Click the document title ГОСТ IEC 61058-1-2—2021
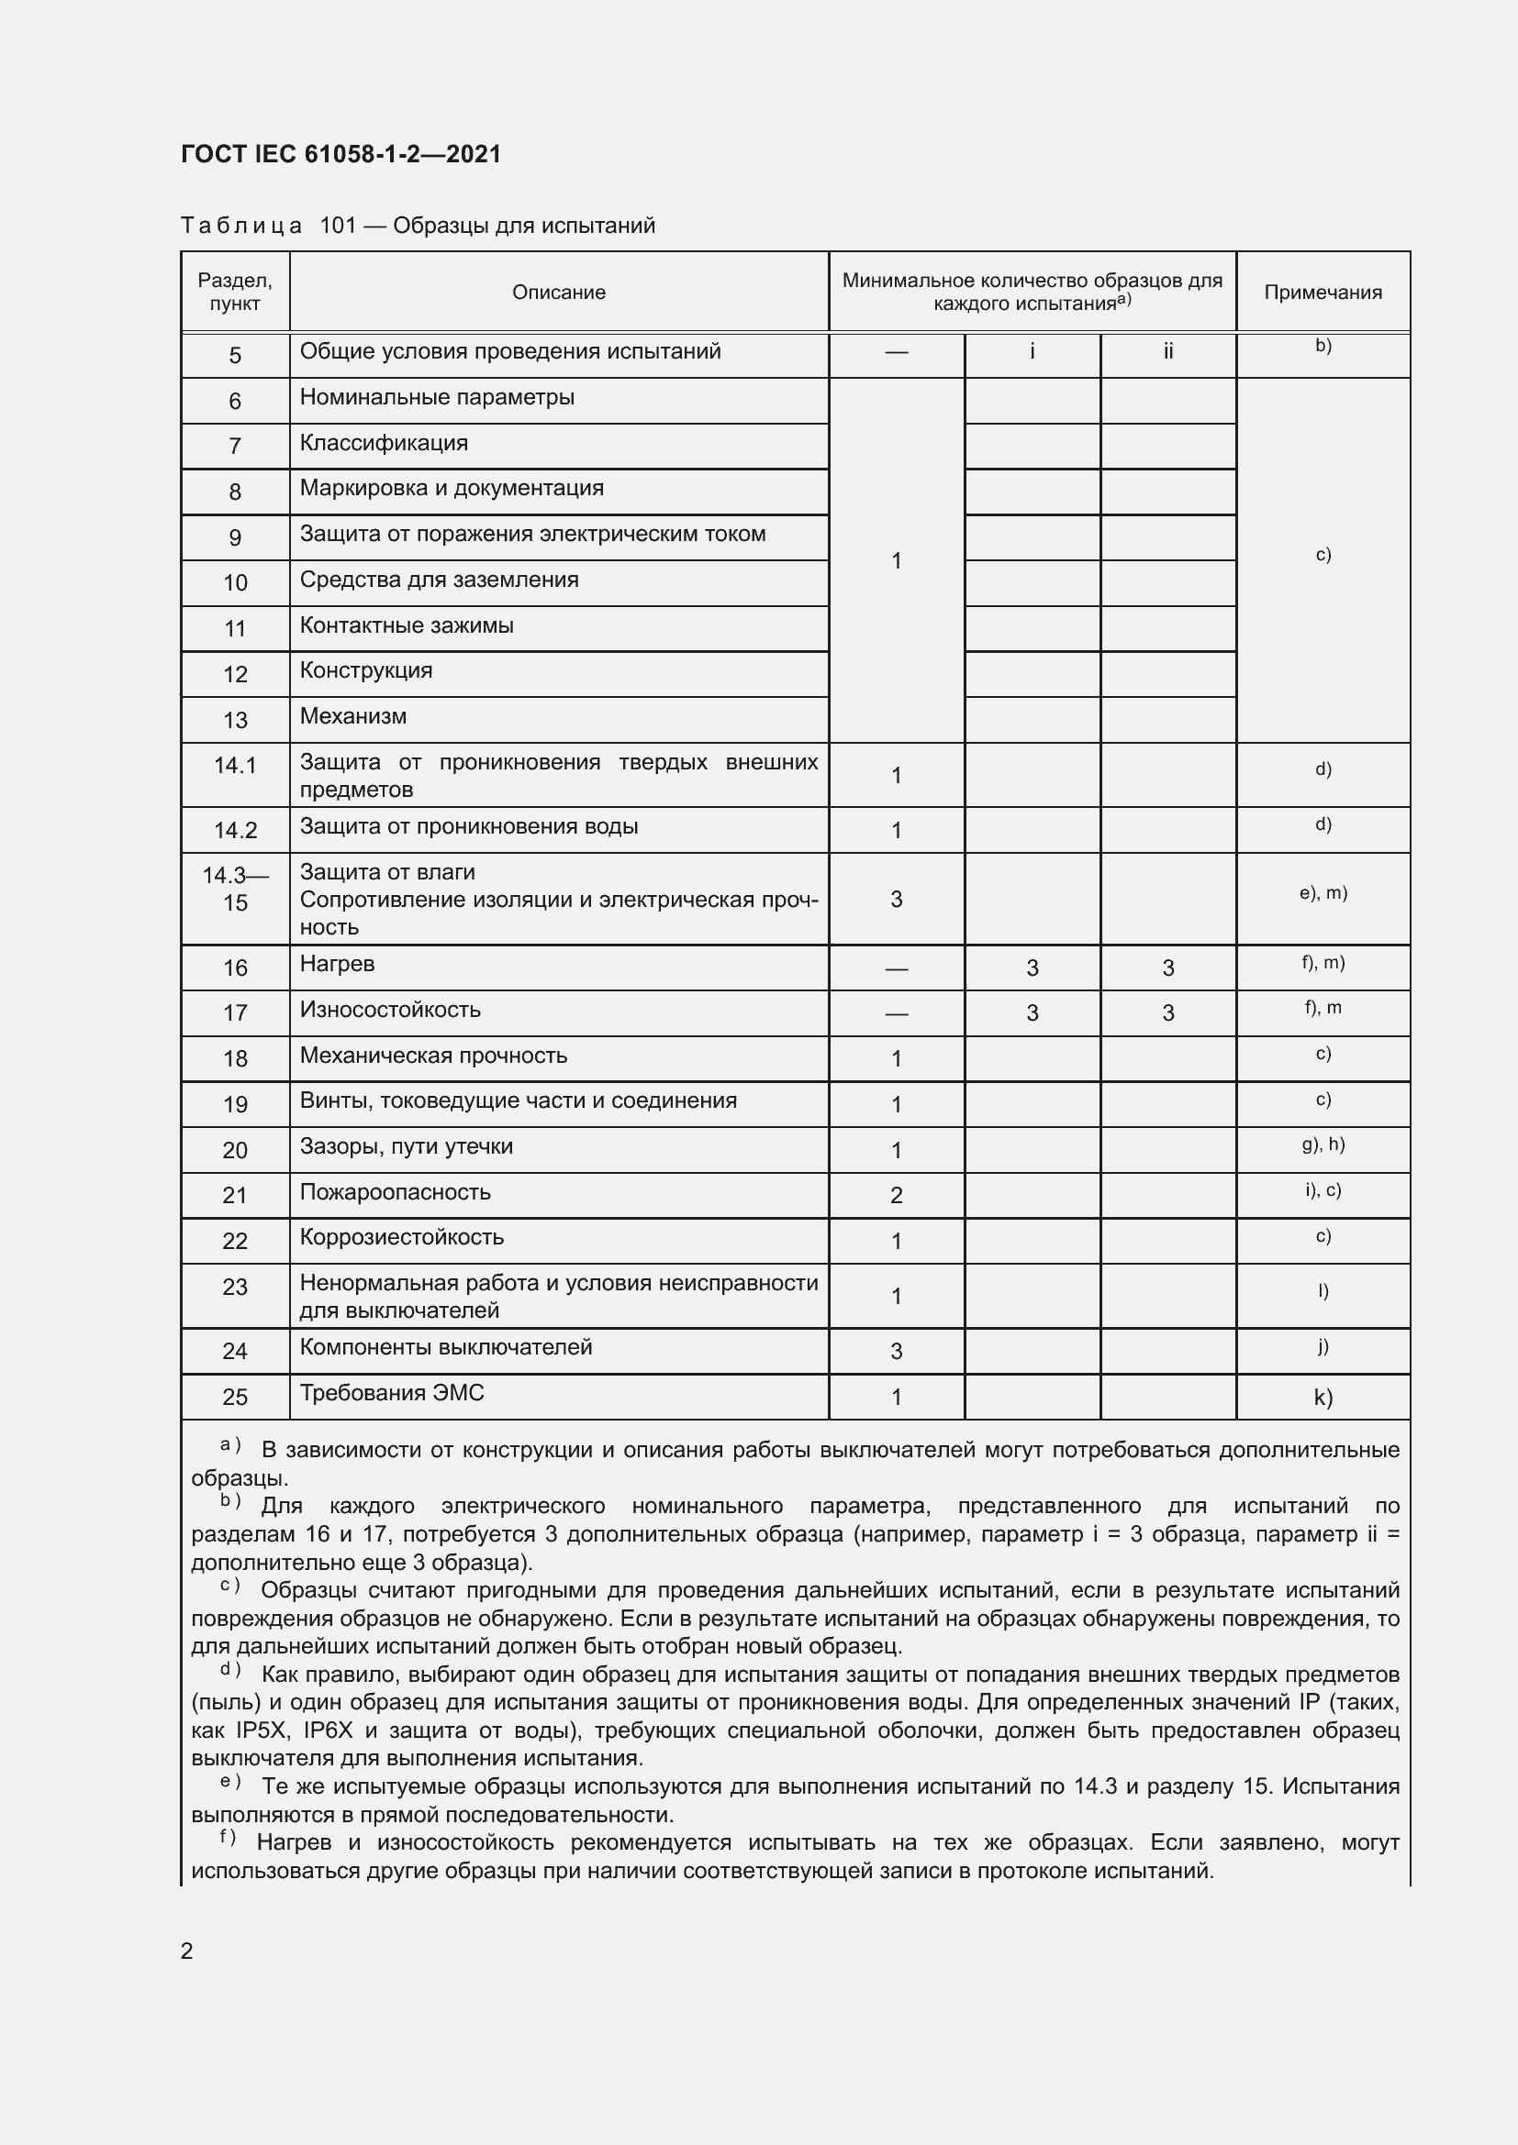tap(341, 154)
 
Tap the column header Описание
tap(558, 293)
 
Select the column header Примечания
tap(1322, 293)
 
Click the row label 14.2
tap(235, 830)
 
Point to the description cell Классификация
tap(384, 443)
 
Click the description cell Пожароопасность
tap(395, 1192)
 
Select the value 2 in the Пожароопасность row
tap(896, 1195)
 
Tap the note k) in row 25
tap(1323, 1397)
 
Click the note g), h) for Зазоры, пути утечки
tap(1323, 1144)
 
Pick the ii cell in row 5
tap(1167, 352)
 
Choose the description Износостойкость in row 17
tap(390, 1010)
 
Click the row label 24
tap(235, 1351)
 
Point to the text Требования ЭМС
tap(392, 1393)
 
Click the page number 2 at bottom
tap(187, 1951)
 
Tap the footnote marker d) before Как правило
tap(230, 1669)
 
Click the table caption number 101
tap(338, 227)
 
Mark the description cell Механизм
tap(352, 716)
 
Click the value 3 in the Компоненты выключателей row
tap(896, 1351)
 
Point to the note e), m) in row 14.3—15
tap(1323, 893)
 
